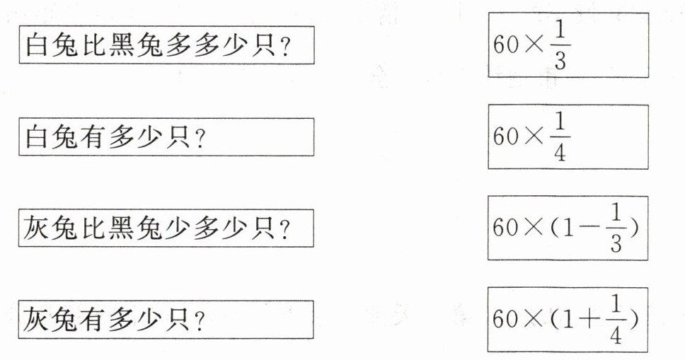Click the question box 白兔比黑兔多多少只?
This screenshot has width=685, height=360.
[166, 47]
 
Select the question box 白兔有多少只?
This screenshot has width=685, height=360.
[166, 137]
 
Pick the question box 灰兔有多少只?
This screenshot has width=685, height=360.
[166, 319]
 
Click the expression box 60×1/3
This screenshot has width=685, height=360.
[568, 46]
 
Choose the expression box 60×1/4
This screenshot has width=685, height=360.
[568, 137]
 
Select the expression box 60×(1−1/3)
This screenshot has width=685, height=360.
[568, 228]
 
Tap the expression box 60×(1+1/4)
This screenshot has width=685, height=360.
[568, 319]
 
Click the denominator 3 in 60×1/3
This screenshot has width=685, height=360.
[560, 62]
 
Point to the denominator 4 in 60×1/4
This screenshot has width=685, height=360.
[560, 153]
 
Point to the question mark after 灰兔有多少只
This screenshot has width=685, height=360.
[200, 321]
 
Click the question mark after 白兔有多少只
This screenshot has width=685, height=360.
[200, 138]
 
